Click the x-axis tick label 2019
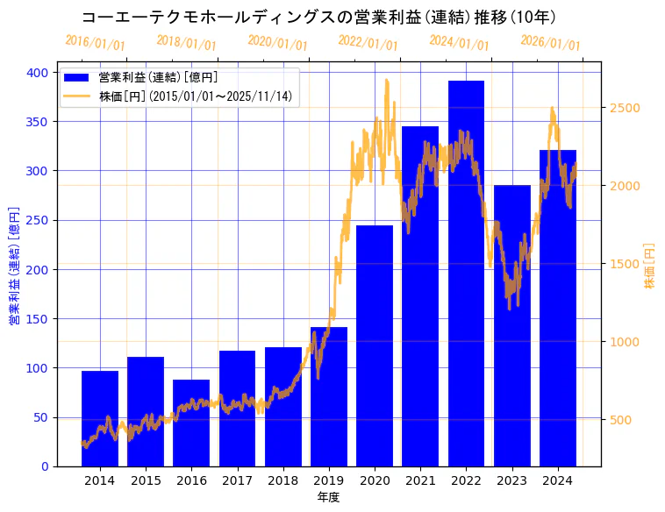tap(329, 480)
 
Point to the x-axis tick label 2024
tap(558, 480)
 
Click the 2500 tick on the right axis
tap(626, 108)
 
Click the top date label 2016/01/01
tap(95, 43)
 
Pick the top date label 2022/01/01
tap(368, 43)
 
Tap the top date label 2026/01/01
tap(550, 43)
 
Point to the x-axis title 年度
tap(328, 497)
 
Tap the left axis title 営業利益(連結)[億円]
tap(14, 266)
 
